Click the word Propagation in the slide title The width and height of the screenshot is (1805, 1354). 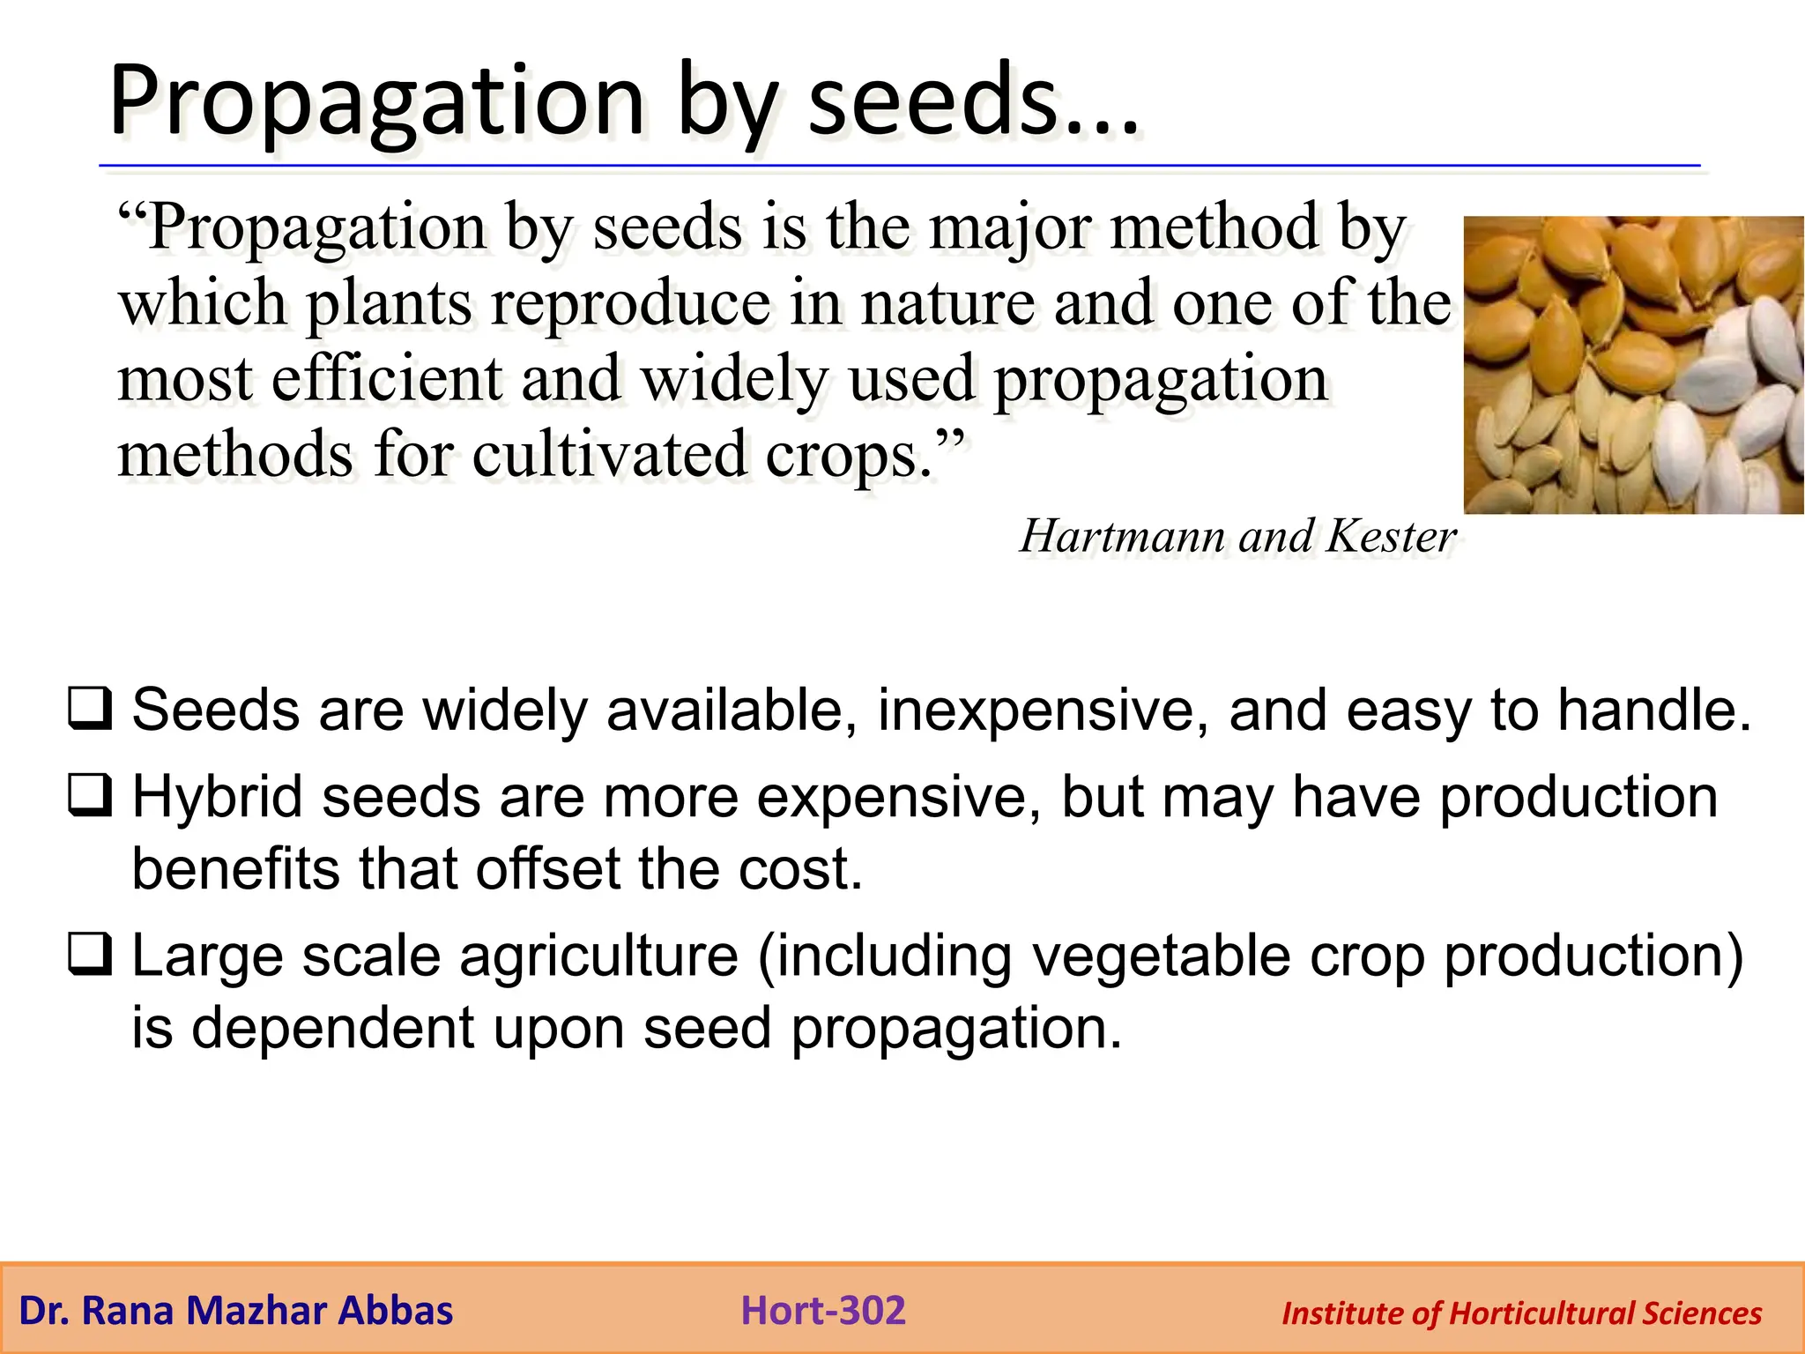click(x=376, y=103)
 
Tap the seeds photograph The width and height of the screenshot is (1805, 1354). click(x=1633, y=365)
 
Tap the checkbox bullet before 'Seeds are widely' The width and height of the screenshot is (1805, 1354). click(x=90, y=710)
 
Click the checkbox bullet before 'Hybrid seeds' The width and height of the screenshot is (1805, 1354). click(x=90, y=795)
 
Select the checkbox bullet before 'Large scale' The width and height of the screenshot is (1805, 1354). click(x=90, y=956)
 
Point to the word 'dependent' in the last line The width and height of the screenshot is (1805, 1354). click(x=333, y=1029)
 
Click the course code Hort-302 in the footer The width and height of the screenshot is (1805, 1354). click(x=823, y=1310)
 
